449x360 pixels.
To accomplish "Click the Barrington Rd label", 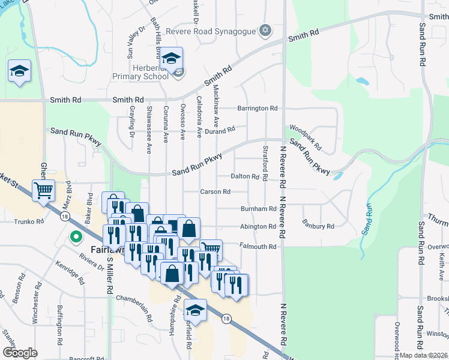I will tap(258, 109).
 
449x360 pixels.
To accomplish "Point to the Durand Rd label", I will tap(219, 130).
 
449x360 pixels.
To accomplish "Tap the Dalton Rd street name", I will tap(245, 177).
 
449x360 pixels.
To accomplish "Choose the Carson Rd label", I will tap(215, 192).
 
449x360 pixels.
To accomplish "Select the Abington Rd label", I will tap(258, 227).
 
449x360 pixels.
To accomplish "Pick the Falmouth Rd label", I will tap(259, 247).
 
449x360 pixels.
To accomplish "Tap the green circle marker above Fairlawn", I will tap(76, 237).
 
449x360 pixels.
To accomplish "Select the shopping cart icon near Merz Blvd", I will tap(44, 191).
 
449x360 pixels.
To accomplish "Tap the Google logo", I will tap(20, 353).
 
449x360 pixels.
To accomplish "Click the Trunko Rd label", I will tap(29, 221).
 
